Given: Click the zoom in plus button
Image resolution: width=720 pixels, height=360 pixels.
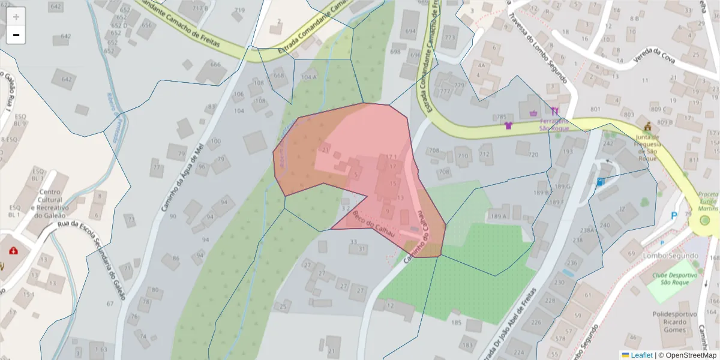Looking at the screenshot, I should tap(16, 16).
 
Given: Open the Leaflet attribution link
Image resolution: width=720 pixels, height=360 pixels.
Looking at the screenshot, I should tap(641, 355).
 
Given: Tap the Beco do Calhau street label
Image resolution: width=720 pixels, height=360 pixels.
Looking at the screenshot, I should tap(373, 223).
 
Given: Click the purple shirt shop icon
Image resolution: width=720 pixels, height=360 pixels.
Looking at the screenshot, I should tap(509, 125).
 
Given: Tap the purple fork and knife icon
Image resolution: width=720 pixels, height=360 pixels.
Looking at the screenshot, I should tap(554, 111).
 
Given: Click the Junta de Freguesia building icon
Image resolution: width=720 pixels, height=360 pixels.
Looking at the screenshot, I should tap(647, 127).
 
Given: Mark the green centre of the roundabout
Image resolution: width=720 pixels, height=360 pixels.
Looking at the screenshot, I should tap(705, 221).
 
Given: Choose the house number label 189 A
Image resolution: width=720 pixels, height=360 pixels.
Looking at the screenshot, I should tap(499, 216).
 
